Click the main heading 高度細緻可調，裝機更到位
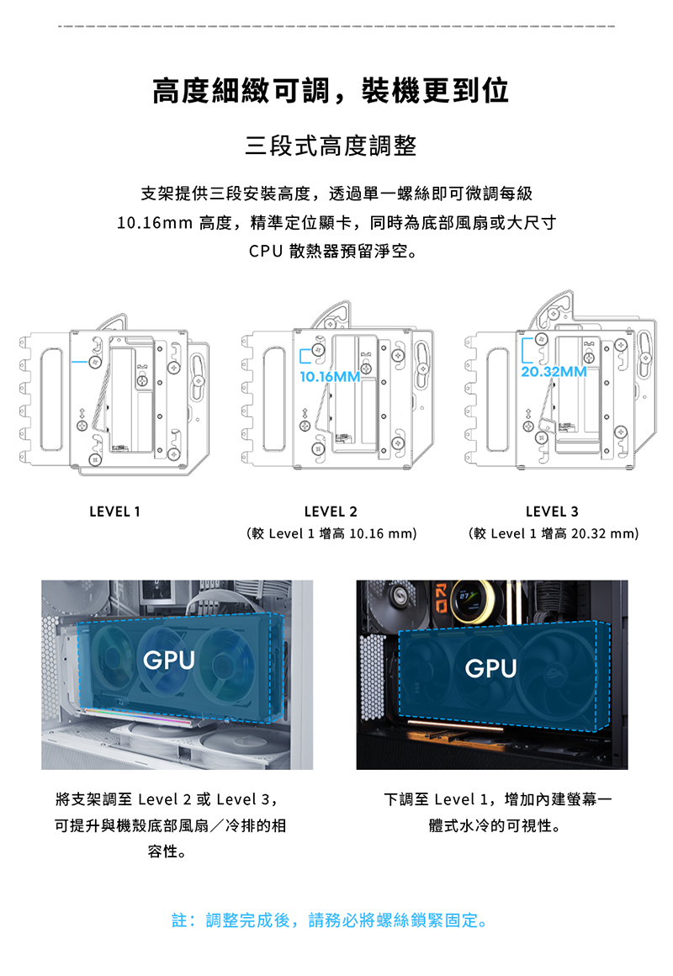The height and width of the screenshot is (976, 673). click(x=331, y=91)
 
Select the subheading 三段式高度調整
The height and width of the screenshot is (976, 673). click(x=331, y=146)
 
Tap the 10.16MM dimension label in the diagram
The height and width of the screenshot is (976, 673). click(x=330, y=377)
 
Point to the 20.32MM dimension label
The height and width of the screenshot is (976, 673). click(x=554, y=372)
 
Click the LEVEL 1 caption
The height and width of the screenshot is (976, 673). click(x=114, y=512)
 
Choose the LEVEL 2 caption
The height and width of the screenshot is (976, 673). click(x=331, y=512)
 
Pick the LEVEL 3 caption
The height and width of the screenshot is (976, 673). click(x=552, y=512)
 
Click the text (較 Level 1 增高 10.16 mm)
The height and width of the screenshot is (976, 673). click(x=331, y=533)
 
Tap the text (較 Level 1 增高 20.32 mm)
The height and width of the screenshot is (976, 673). click(x=554, y=533)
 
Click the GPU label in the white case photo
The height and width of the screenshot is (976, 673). click(x=169, y=660)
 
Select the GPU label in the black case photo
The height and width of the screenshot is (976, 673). click(x=490, y=668)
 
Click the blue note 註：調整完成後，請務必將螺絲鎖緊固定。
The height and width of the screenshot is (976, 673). click(x=331, y=920)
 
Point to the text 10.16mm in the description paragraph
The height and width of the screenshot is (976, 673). click(x=155, y=222)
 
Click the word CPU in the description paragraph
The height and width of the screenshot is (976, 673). click(x=266, y=251)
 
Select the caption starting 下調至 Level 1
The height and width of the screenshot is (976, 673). click(x=497, y=812)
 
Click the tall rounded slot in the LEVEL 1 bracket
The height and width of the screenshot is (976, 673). click(x=51, y=400)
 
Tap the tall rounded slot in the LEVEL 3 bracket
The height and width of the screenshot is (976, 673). click(x=497, y=400)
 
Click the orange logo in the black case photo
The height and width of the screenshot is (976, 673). click(x=440, y=598)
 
